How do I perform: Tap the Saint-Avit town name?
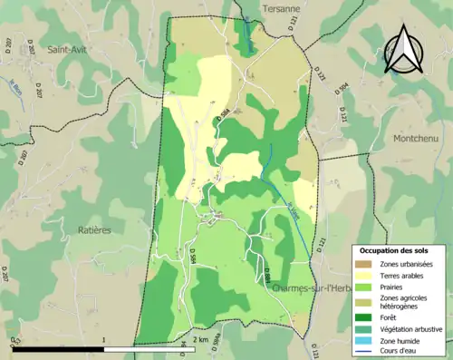pyautogui.click(x=72, y=50)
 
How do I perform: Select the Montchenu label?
pyautogui.click(x=418, y=138)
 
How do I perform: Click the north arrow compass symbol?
pyautogui.click(x=402, y=49)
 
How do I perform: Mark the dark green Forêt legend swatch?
pyautogui.click(x=365, y=317)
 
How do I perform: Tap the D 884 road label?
pyautogui.click(x=269, y=272)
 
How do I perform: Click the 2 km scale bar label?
pyautogui.click(x=202, y=339)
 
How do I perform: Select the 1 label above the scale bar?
pyautogui.click(x=104, y=339)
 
